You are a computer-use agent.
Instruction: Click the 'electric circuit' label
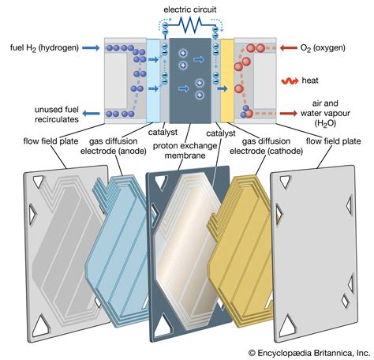(186, 9)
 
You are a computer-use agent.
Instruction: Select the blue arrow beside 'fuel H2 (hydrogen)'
(88, 47)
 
